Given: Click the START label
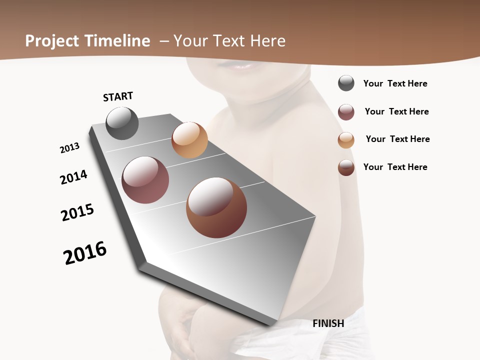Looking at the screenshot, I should pyautogui.click(x=118, y=96).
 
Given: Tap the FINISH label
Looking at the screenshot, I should pyautogui.click(x=328, y=323).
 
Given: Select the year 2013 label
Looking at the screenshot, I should pyautogui.click(x=69, y=148).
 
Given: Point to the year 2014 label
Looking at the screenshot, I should pyautogui.click(x=73, y=177).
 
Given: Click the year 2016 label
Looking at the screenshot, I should pyautogui.click(x=85, y=253).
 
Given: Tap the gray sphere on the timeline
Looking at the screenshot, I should pyautogui.click(x=122, y=123).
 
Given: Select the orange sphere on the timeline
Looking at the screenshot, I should pyautogui.click(x=189, y=140).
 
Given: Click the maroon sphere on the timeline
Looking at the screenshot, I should pyautogui.click(x=145, y=180).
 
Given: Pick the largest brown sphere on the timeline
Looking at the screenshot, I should pyautogui.click(x=216, y=207).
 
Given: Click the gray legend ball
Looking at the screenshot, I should pyautogui.click(x=346, y=83).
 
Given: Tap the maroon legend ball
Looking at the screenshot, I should pyautogui.click(x=346, y=112).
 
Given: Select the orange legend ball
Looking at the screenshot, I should pyautogui.click(x=346, y=140).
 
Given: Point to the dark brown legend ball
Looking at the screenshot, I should pyautogui.click(x=346, y=167).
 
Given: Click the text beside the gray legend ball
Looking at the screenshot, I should pyautogui.click(x=395, y=83).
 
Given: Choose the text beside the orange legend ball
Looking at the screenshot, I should pyautogui.click(x=397, y=139).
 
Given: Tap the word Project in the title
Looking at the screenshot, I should pyautogui.click(x=52, y=41).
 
